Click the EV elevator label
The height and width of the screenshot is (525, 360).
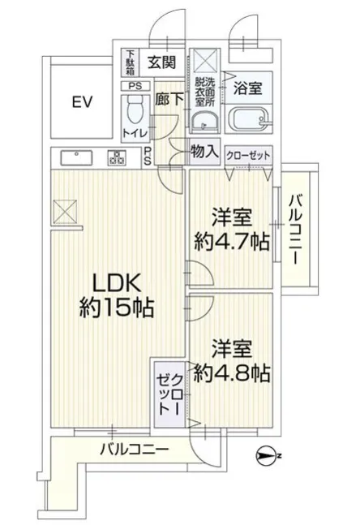(83, 102)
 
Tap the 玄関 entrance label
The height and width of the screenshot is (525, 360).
(162, 62)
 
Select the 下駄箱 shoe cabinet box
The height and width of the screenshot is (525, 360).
(130, 63)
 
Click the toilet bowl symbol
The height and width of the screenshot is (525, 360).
(135, 110)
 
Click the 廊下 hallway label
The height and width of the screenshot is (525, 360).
(169, 100)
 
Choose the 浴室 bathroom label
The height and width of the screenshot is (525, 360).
(248, 88)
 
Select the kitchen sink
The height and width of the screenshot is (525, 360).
(76, 157)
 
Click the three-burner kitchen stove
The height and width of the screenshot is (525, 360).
(117, 157)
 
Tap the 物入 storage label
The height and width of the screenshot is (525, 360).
(205, 153)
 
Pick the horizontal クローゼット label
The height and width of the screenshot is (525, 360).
(248, 155)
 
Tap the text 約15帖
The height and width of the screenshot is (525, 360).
(117, 308)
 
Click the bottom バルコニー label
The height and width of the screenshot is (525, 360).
(135, 449)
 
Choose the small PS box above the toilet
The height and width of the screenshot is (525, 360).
(135, 86)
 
